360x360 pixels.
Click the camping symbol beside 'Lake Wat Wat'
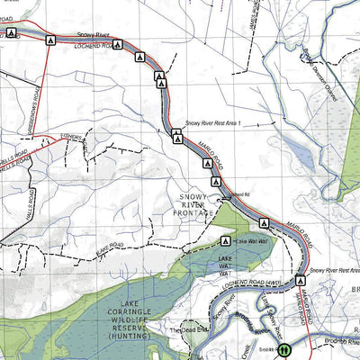click(225, 241)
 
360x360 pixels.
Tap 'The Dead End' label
click(189, 330)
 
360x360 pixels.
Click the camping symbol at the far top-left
click(11, 32)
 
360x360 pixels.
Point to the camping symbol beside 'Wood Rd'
click(216, 183)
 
